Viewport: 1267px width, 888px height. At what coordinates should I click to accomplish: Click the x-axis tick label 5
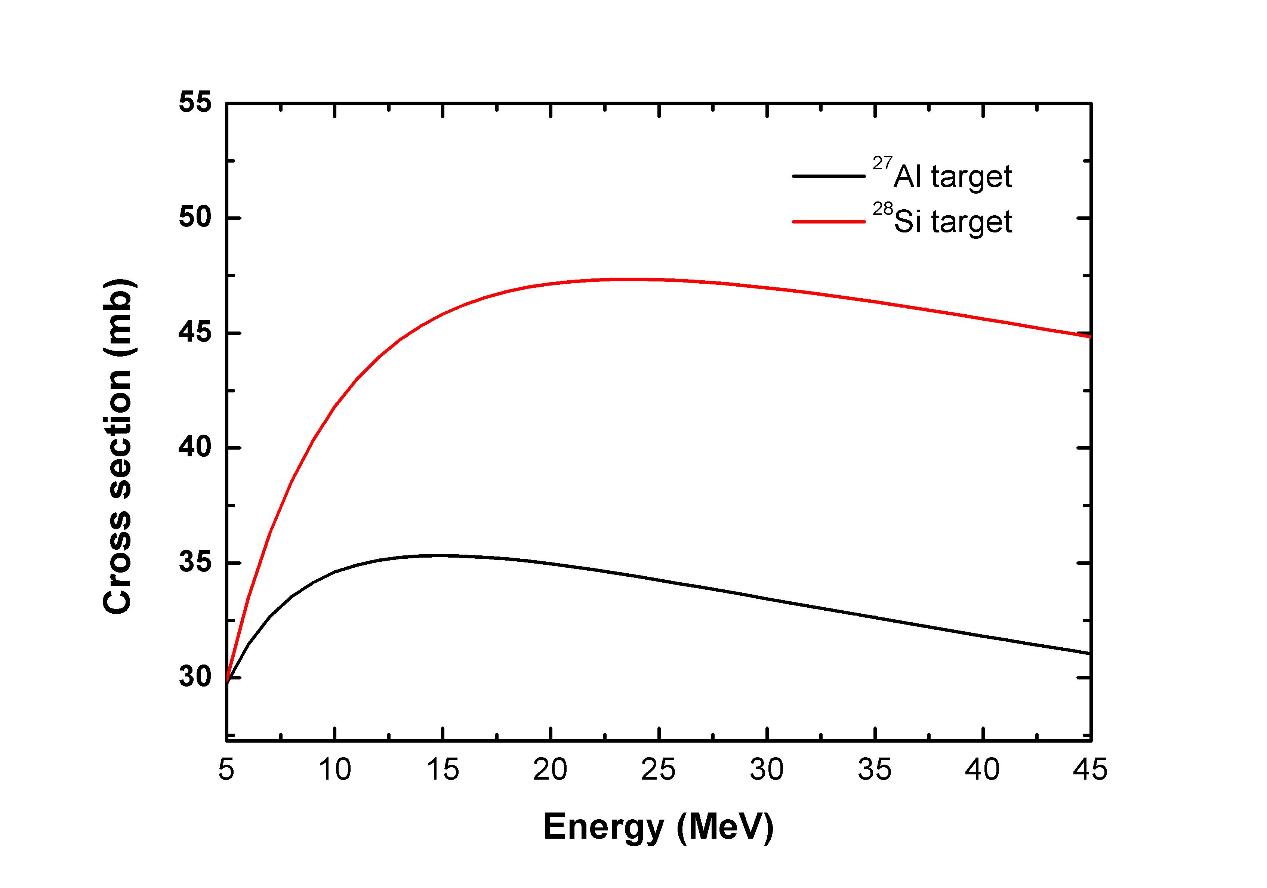[x=226, y=770]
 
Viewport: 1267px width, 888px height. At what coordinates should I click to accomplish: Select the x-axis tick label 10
[x=335, y=770]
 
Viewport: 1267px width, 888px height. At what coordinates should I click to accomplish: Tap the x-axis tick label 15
[x=443, y=770]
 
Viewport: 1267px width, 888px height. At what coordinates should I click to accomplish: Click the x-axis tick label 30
[x=767, y=770]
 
